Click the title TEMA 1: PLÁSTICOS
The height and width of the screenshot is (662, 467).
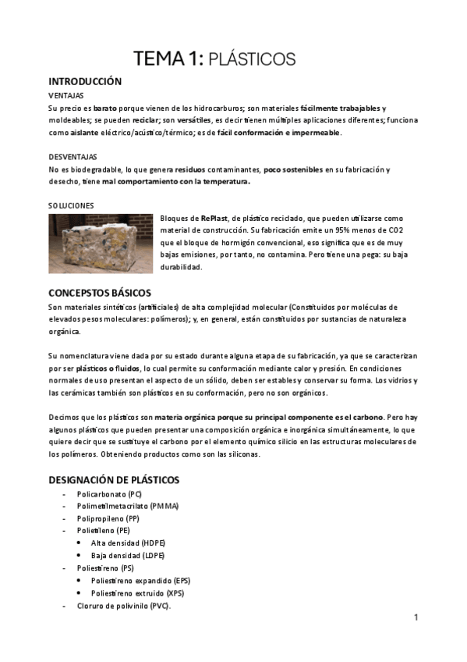[x=214, y=59]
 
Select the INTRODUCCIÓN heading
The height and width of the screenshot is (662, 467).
[x=85, y=81]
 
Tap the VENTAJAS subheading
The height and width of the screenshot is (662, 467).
[x=66, y=94]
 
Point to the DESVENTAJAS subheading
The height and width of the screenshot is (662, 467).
[x=74, y=156]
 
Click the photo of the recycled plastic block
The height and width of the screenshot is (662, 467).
[x=101, y=243]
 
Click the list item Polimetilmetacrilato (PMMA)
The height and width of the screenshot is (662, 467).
[x=127, y=507]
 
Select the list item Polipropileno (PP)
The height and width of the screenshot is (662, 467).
[x=108, y=518]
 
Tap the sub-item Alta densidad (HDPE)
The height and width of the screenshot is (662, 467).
[x=128, y=543]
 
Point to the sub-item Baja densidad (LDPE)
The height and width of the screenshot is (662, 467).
[x=128, y=555]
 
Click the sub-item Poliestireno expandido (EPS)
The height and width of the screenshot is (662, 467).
[x=140, y=581]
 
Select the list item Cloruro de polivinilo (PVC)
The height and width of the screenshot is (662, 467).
[x=123, y=606]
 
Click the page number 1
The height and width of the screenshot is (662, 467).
[x=416, y=618]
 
